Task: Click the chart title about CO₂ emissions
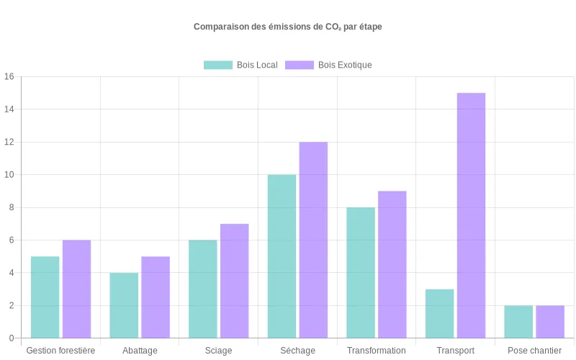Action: (287, 27)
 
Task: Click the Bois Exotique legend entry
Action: (328, 65)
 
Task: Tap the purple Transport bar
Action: (471, 215)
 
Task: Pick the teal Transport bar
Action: (439, 313)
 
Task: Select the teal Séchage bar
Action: (282, 256)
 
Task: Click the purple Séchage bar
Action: (313, 240)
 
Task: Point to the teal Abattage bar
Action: (124, 305)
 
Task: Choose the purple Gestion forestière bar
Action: (76, 289)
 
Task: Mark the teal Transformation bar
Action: (361, 272)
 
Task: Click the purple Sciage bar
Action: (234, 281)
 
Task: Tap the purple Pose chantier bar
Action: (550, 321)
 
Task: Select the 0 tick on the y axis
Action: (11, 338)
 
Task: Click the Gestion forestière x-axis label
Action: (60, 351)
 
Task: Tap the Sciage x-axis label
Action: (218, 351)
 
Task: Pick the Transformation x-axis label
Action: (376, 351)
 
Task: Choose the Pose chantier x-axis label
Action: (534, 351)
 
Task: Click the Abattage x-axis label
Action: (140, 351)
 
